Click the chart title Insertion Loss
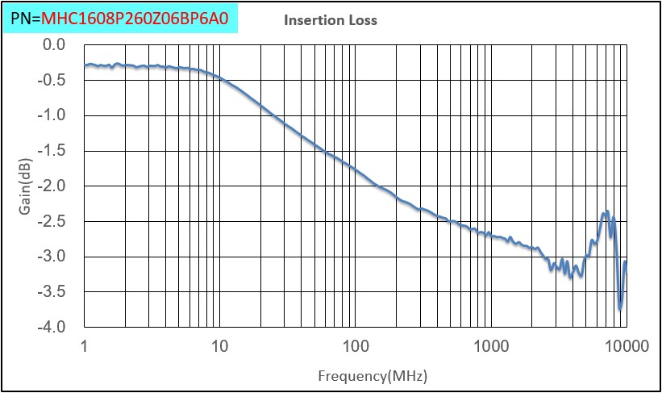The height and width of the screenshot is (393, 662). pyautogui.click(x=330, y=20)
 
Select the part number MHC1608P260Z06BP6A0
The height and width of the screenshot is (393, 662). pyautogui.click(x=140, y=17)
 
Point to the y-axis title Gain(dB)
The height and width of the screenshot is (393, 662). pyautogui.click(x=26, y=186)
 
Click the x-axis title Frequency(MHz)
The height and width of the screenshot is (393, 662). pyautogui.click(x=372, y=376)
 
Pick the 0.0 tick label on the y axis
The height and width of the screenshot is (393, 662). pyautogui.click(x=53, y=44)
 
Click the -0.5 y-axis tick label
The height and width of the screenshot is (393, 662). pyautogui.click(x=52, y=80)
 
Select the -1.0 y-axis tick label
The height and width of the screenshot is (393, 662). pyautogui.click(x=52, y=115)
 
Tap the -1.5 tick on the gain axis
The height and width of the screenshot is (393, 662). pyautogui.click(x=52, y=151)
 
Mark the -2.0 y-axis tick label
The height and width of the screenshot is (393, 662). pyautogui.click(x=52, y=186)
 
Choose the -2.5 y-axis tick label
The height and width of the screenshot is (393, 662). pyautogui.click(x=52, y=221)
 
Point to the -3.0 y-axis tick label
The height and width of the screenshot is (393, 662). pyautogui.click(x=52, y=257)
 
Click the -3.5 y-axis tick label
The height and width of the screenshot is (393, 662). pyautogui.click(x=52, y=292)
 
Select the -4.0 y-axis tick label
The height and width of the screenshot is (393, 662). pyautogui.click(x=52, y=328)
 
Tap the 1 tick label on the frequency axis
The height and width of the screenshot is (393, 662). pyautogui.click(x=84, y=347)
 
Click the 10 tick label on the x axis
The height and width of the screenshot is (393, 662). pyautogui.click(x=219, y=347)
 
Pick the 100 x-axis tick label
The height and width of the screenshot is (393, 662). pyautogui.click(x=355, y=347)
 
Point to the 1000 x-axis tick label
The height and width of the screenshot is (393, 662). pyautogui.click(x=490, y=347)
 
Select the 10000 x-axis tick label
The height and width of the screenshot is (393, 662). pyautogui.click(x=626, y=347)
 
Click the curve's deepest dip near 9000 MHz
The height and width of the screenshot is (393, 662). pyautogui.click(x=620, y=308)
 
